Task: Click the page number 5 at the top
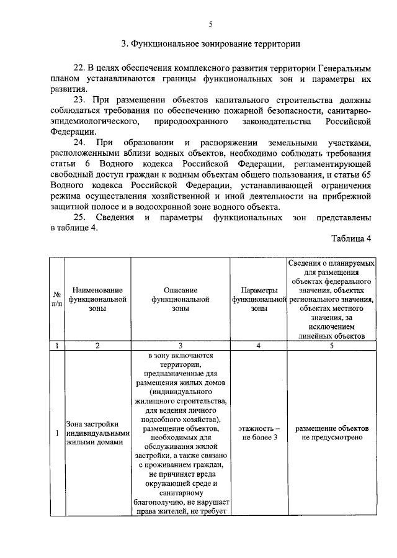210,25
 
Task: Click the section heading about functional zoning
210,44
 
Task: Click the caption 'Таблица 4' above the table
351,239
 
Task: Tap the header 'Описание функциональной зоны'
181,299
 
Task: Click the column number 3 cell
181,346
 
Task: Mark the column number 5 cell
332,346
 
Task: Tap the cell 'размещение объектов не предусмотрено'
332,433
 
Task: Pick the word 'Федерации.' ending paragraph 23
74,132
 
